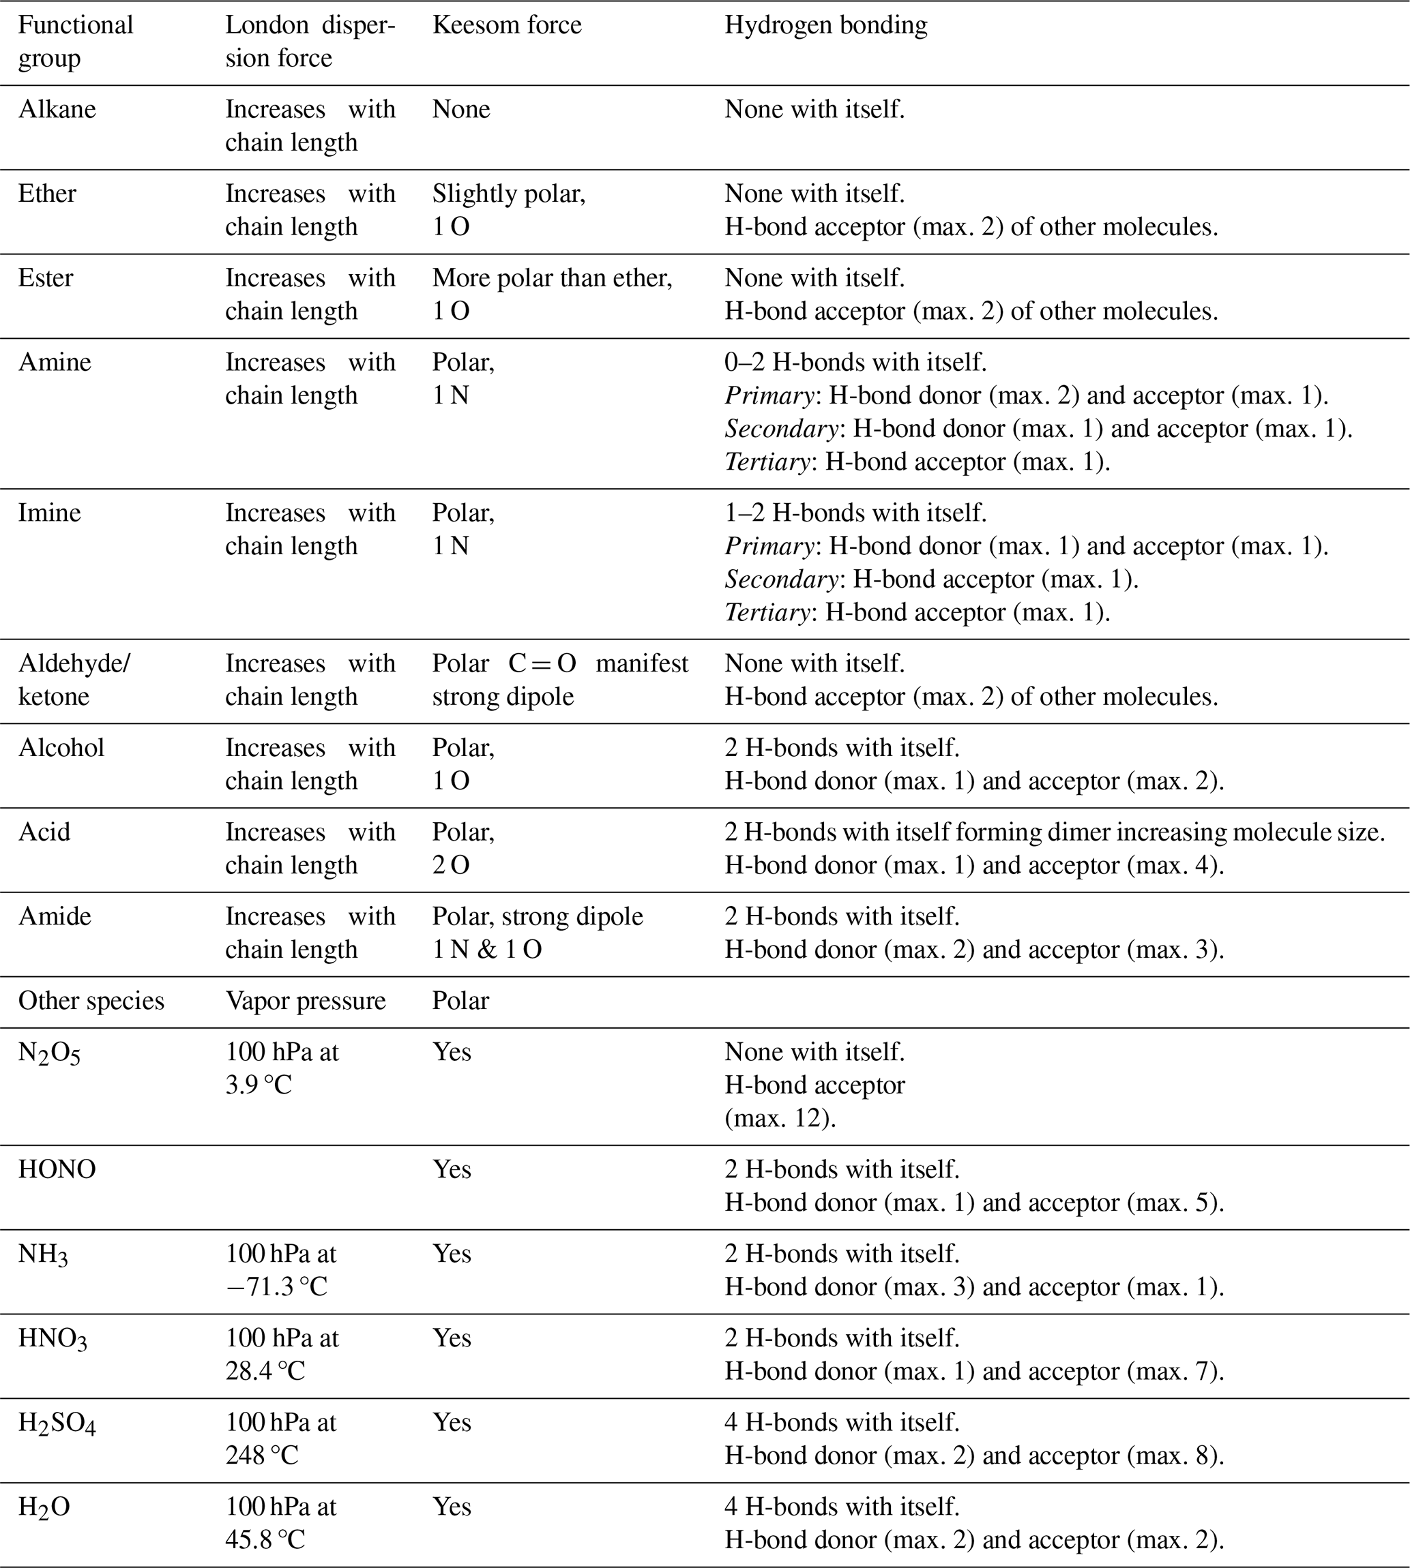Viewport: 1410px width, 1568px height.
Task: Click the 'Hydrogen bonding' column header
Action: click(x=825, y=25)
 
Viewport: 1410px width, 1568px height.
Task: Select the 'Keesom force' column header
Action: click(x=507, y=25)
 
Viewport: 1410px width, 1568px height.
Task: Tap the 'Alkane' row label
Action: click(x=57, y=109)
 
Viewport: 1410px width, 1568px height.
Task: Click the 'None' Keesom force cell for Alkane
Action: click(x=461, y=109)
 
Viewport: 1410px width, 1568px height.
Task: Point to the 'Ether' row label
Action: click(x=47, y=194)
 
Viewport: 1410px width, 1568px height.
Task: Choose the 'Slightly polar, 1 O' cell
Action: click(x=508, y=210)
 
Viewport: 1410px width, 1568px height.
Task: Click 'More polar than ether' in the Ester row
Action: click(x=552, y=278)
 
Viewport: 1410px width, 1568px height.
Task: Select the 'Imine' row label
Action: click(x=50, y=513)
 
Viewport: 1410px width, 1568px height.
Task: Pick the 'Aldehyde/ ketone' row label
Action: click(x=74, y=679)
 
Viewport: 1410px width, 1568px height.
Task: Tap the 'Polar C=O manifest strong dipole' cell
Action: click(x=559, y=679)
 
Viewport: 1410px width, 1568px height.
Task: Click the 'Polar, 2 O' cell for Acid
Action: click(x=463, y=848)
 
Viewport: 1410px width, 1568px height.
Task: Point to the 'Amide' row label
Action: click(x=55, y=916)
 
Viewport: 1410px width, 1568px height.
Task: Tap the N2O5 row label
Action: click(x=49, y=1053)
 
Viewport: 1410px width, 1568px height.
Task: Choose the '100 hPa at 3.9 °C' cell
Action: click(x=282, y=1068)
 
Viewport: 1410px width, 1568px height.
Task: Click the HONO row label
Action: click(x=57, y=1169)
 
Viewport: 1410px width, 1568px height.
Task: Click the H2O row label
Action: click(x=44, y=1507)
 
